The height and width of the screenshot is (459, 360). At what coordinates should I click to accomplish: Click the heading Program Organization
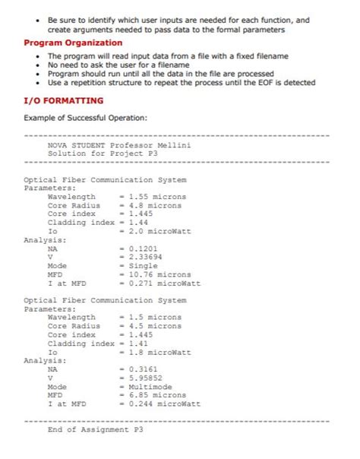pyautogui.click(x=73, y=43)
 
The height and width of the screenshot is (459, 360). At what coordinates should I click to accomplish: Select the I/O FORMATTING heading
pyautogui.click(x=63, y=100)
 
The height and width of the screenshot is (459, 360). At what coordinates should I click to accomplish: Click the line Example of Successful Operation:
pyautogui.click(x=85, y=118)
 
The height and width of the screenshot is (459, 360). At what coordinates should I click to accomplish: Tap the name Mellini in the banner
pyautogui.click(x=175, y=144)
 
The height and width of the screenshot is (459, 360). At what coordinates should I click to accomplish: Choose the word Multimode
pyautogui.click(x=148, y=387)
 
